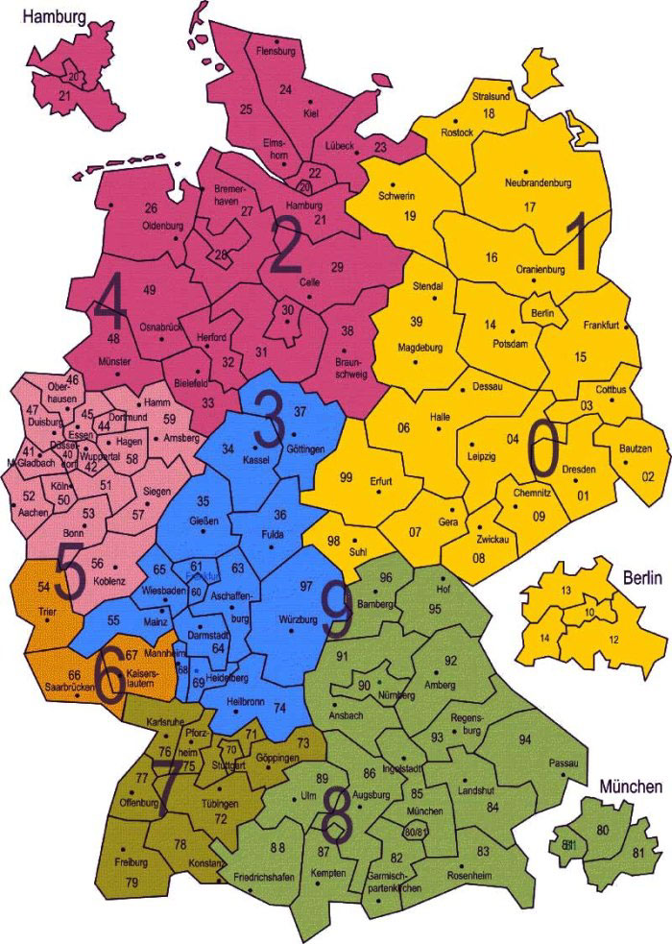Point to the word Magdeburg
point(420,347)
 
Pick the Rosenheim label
point(469,876)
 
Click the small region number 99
point(347,477)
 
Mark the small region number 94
point(524,739)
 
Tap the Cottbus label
point(612,389)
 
